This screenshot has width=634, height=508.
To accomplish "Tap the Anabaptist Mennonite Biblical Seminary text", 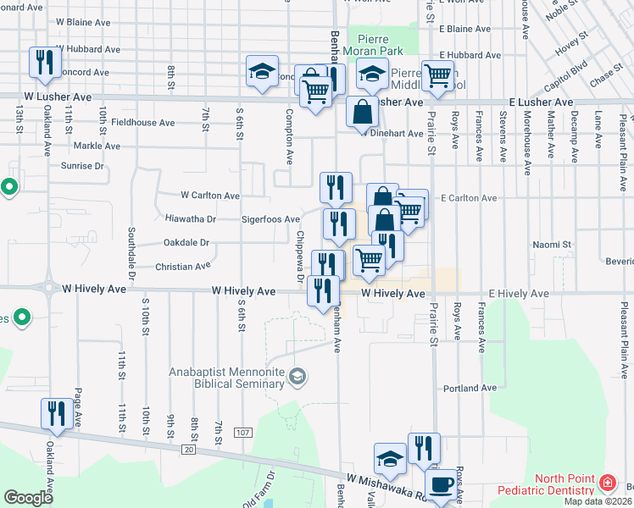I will tap(225, 378).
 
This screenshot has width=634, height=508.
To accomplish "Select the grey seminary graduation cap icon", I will tap(298, 375).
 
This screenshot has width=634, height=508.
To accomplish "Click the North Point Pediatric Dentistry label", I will tap(559, 484).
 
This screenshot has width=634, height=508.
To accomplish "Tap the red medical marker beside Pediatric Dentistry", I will tap(607, 483).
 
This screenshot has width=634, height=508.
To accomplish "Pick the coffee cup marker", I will tap(440, 485).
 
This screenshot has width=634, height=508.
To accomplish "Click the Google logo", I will tap(28, 498).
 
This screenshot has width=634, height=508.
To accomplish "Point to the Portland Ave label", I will tap(468, 389).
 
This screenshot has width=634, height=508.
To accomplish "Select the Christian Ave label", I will tap(182, 267).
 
